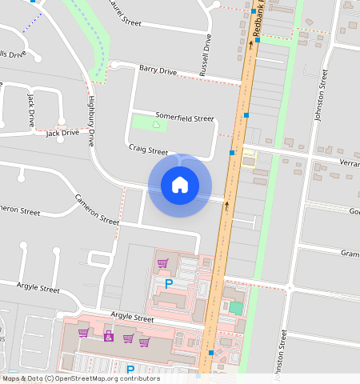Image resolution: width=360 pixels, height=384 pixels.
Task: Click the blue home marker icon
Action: click(180, 186)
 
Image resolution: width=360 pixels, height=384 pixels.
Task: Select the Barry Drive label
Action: click(157, 71)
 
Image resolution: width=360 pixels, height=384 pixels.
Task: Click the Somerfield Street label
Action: click(185, 118)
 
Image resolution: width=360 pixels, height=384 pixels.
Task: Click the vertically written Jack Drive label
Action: click(31, 110)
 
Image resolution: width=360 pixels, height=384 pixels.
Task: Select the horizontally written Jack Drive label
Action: click(62, 133)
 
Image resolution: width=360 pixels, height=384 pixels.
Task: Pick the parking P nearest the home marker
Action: click(169, 283)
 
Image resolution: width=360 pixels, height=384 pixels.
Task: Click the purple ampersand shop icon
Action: click(109, 337)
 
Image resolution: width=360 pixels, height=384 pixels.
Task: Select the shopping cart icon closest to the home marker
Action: click(162, 262)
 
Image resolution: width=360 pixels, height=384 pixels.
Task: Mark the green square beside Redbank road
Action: click(235, 307)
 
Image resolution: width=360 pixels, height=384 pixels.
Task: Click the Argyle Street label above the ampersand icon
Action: click(132, 318)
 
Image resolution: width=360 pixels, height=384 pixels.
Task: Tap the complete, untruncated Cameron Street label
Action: click(97, 208)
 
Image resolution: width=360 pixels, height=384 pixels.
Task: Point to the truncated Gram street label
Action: click(350, 253)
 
